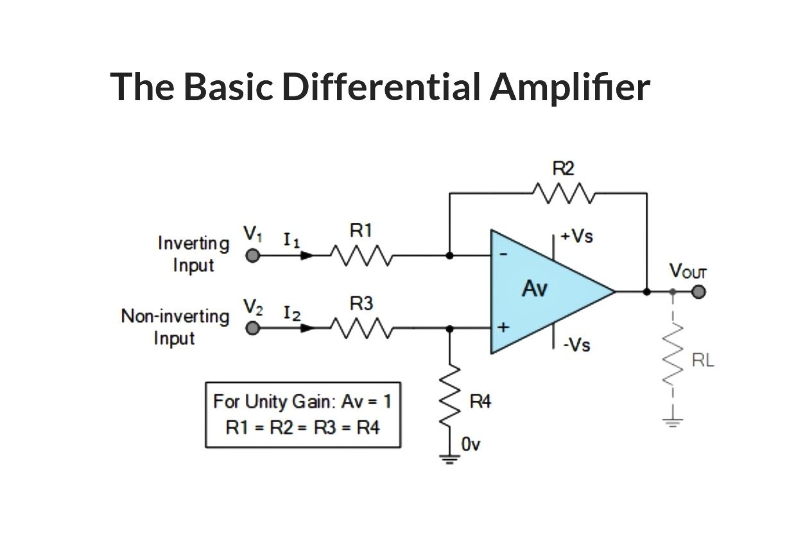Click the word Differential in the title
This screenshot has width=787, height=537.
tap(381, 87)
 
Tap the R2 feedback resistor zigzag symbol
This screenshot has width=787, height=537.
tap(564, 193)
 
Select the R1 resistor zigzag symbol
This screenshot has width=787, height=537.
tap(361, 256)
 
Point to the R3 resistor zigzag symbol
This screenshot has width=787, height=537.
tap(361, 328)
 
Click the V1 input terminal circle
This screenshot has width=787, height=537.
tap(253, 256)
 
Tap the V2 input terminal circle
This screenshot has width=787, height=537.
tap(253, 328)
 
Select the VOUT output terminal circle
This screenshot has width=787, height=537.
tap(698, 292)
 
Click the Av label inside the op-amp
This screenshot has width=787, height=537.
tap(534, 288)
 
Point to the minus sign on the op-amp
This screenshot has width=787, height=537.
tap(503, 254)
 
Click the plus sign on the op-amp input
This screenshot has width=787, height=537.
tap(503, 328)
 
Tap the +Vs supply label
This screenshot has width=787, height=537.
tap(576, 236)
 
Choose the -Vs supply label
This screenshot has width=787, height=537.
tap(577, 345)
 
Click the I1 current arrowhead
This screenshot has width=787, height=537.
tap(307, 256)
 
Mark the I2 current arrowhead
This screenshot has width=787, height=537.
tap(307, 328)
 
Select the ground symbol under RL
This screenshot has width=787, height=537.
tap(673, 423)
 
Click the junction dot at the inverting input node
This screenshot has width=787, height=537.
tap(449, 256)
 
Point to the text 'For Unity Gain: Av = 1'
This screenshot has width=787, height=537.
tap(302, 401)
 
